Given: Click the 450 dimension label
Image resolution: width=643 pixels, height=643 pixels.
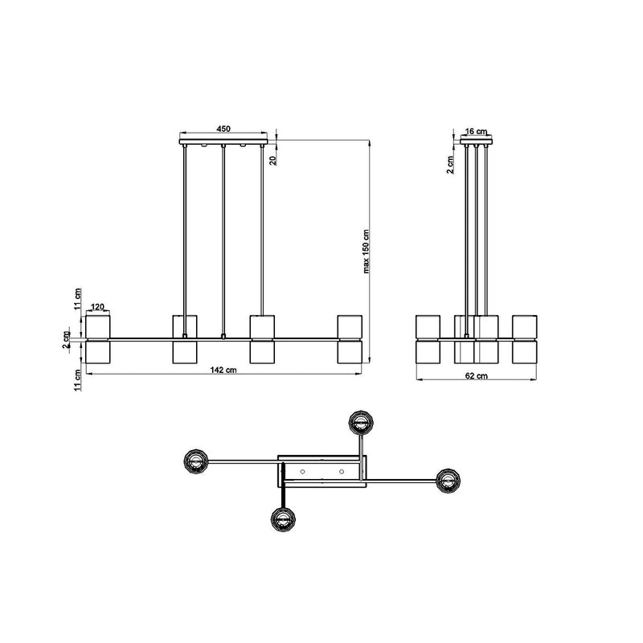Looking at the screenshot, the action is click(223, 129).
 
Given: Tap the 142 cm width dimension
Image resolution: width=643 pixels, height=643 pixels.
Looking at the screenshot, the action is click(223, 370).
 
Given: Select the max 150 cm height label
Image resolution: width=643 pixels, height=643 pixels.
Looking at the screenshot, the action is click(367, 252).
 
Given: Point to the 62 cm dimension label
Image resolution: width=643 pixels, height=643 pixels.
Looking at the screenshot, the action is click(477, 375).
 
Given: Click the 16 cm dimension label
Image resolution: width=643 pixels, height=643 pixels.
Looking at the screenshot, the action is click(477, 131).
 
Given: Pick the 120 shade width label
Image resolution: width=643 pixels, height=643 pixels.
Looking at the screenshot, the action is click(97, 307).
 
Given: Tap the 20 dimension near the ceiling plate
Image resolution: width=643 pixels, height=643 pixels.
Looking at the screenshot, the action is click(273, 160).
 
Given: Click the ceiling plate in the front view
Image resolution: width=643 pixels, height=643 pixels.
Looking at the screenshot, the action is click(223, 142).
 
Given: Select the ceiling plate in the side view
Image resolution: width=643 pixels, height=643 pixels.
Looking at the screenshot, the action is click(476, 142).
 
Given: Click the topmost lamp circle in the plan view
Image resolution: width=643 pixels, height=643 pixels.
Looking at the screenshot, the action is click(361, 421).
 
